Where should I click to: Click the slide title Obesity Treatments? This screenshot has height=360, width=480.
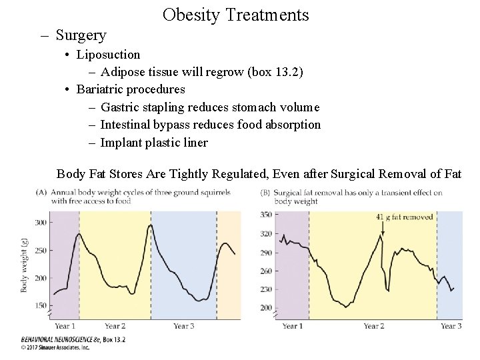(x=235, y=14)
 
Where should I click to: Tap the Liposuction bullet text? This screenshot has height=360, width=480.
(x=108, y=54)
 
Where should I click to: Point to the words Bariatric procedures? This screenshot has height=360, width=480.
(x=131, y=89)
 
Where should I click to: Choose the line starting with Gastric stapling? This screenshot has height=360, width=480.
(x=210, y=107)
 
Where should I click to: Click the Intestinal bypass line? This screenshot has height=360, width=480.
(x=210, y=125)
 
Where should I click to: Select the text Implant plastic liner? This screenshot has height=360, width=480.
(x=154, y=142)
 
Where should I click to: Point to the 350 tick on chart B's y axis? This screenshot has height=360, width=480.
(x=265, y=214)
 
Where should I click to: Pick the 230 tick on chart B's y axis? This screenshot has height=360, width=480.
(x=265, y=289)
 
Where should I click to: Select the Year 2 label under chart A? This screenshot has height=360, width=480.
(x=115, y=326)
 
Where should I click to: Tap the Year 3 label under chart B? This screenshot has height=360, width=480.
(x=451, y=326)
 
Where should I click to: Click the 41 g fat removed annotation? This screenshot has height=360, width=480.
(x=404, y=217)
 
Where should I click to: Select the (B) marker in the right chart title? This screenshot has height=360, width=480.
(x=265, y=193)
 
